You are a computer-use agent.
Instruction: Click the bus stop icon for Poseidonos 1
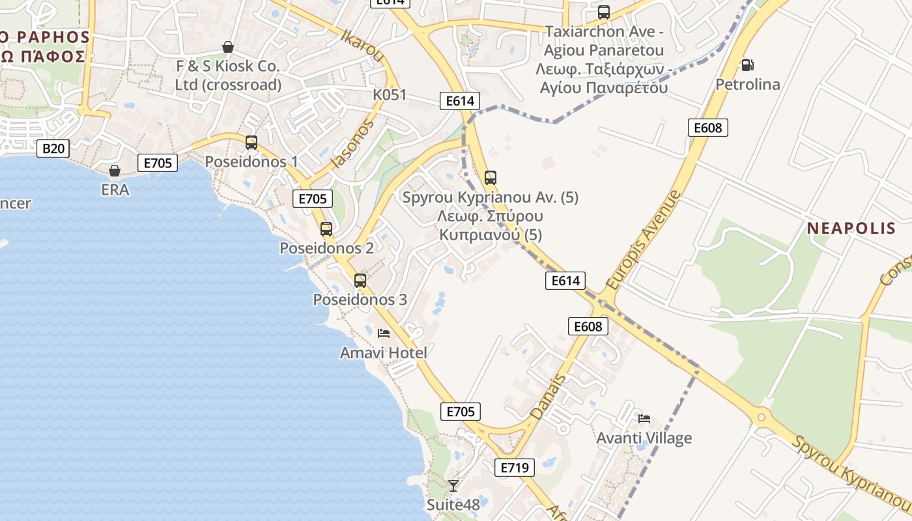[251, 142]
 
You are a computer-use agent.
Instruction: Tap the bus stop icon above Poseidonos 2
[326, 229]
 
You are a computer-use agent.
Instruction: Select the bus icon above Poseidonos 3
[360, 281]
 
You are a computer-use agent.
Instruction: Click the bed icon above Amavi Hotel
[384, 333]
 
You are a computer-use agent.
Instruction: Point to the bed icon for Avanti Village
[644, 418]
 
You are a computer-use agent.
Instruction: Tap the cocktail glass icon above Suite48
[453, 485]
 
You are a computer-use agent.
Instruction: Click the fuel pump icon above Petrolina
[747, 65]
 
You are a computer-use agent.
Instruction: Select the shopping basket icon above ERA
[115, 171]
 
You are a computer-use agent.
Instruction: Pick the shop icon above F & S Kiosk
[228, 47]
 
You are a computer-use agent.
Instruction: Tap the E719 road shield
[514, 467]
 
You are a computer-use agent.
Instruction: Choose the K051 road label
[390, 95]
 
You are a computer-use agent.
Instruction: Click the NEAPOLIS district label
[851, 228]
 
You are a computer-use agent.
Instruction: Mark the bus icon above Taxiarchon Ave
[604, 12]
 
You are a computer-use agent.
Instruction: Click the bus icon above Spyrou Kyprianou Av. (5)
[491, 177]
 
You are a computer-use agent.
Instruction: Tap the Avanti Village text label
[644, 438]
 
